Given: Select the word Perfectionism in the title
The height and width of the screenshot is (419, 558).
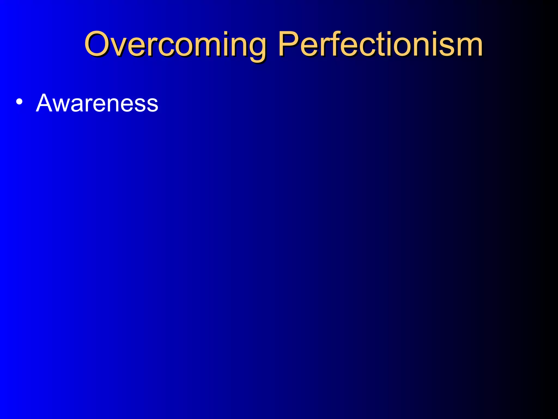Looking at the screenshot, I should (x=380, y=44).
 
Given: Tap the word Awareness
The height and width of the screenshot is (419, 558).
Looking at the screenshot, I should (x=97, y=103).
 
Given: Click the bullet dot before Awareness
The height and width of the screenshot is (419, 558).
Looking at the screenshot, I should (x=19, y=102).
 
